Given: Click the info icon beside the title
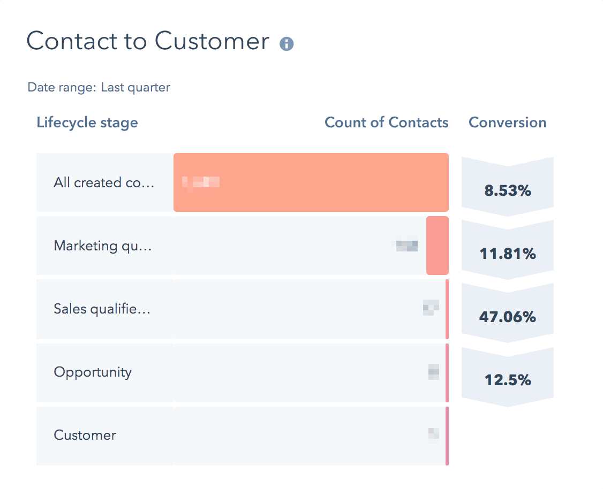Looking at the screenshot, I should (287, 44).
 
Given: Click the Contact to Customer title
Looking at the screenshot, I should (148, 41).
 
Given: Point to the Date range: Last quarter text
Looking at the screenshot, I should (99, 87).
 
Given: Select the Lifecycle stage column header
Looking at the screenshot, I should (87, 123).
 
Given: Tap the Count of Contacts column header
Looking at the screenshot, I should (387, 123).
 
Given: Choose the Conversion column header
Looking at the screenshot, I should (507, 123).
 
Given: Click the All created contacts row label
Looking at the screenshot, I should (104, 183).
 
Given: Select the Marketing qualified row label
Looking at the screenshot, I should (103, 246).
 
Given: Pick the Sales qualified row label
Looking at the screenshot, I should (102, 309).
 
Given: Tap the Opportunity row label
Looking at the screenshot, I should (93, 372).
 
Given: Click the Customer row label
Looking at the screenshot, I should (85, 435).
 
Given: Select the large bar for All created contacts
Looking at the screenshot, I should (321, 183).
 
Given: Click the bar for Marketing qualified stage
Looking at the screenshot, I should (437, 246).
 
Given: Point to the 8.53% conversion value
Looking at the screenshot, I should (507, 190).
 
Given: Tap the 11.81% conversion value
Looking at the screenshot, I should (507, 254).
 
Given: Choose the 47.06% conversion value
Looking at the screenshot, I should (507, 317).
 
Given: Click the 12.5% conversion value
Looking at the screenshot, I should (507, 380).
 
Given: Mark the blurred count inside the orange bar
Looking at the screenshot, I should (201, 182).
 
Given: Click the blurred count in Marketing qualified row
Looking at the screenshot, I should (406, 245).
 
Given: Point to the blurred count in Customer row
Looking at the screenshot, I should (434, 434).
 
